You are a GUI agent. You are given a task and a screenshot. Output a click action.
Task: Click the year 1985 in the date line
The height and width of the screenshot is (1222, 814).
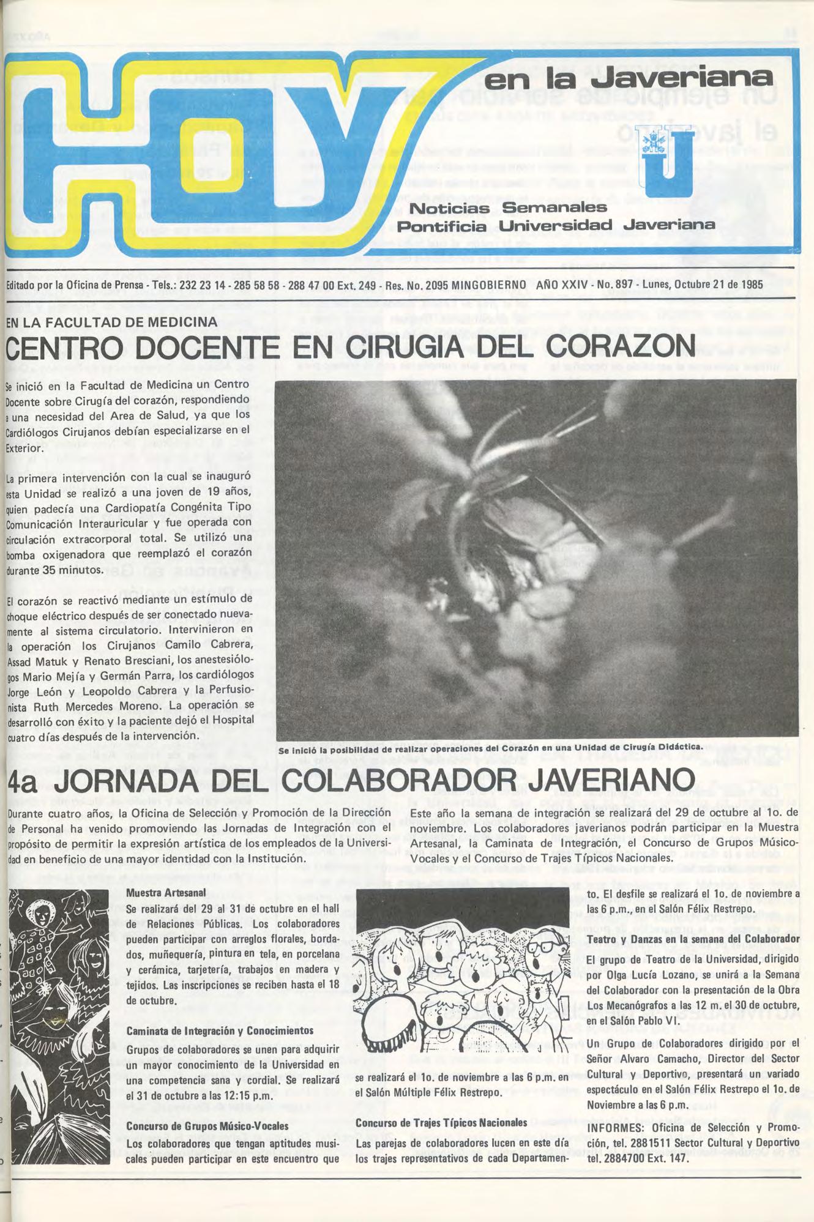pos(750,285)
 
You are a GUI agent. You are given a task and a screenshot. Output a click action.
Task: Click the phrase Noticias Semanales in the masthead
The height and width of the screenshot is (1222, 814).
pos(507,208)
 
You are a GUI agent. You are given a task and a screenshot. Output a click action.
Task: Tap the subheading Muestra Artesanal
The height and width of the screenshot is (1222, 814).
pos(165,893)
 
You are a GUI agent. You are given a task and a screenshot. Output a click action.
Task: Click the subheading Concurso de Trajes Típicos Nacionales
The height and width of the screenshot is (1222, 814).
pos(441,1122)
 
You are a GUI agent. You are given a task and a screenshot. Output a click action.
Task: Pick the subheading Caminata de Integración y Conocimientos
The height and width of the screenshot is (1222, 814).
pos(220,1030)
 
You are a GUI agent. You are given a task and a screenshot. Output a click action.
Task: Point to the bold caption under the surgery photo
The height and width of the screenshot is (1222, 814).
pos(489,748)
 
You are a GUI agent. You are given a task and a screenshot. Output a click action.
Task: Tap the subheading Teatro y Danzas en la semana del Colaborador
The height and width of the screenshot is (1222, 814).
pos(693,939)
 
